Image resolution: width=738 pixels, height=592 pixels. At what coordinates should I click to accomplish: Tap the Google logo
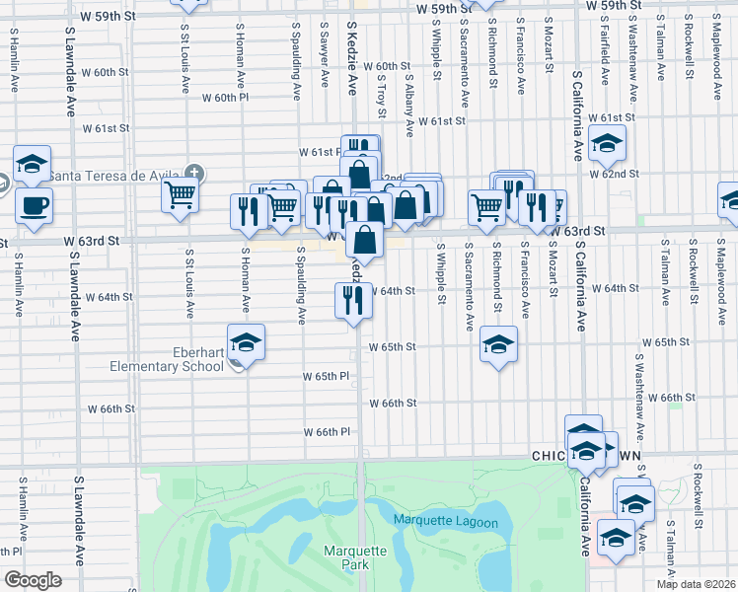33,580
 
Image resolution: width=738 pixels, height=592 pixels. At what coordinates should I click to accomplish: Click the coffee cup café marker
34,205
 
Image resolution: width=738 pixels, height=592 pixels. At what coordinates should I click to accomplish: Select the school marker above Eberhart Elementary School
246,342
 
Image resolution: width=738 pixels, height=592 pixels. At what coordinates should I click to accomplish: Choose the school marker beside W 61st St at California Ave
608,142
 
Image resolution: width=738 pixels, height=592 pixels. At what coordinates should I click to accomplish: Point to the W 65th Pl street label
327,376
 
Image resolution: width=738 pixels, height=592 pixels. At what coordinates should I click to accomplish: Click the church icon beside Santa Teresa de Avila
195,175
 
